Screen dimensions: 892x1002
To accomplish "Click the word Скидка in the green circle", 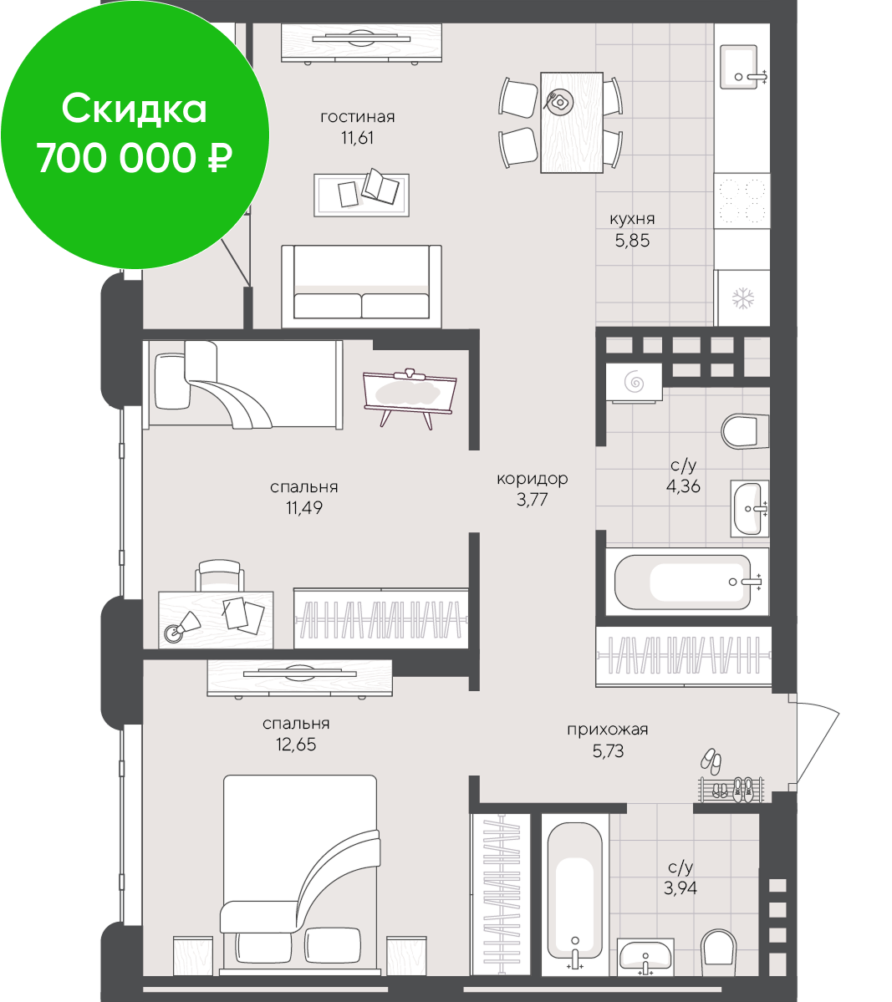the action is coord(135,108).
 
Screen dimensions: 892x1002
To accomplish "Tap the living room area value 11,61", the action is coord(357,137).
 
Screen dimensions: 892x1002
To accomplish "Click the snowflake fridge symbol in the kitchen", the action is coord(743,298).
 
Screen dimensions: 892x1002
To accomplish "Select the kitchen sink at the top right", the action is coord(742,67).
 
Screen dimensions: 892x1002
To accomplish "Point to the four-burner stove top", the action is coord(742,200).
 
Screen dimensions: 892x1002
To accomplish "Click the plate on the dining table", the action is coord(559,102).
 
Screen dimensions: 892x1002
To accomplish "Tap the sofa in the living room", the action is coord(361,287).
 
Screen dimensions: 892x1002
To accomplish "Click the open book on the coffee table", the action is coord(380,186).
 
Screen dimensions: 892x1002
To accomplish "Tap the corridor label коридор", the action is coord(532,479).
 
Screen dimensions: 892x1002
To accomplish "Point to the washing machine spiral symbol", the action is coord(634,382).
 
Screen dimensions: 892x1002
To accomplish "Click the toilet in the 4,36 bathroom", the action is coord(745,431).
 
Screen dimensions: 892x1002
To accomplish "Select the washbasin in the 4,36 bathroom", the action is coord(749,509).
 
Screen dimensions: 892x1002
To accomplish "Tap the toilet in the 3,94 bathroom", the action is coord(719,952).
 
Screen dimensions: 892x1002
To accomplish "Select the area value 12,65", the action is coord(296,745).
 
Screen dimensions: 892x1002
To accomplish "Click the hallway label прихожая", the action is coord(608,730).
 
